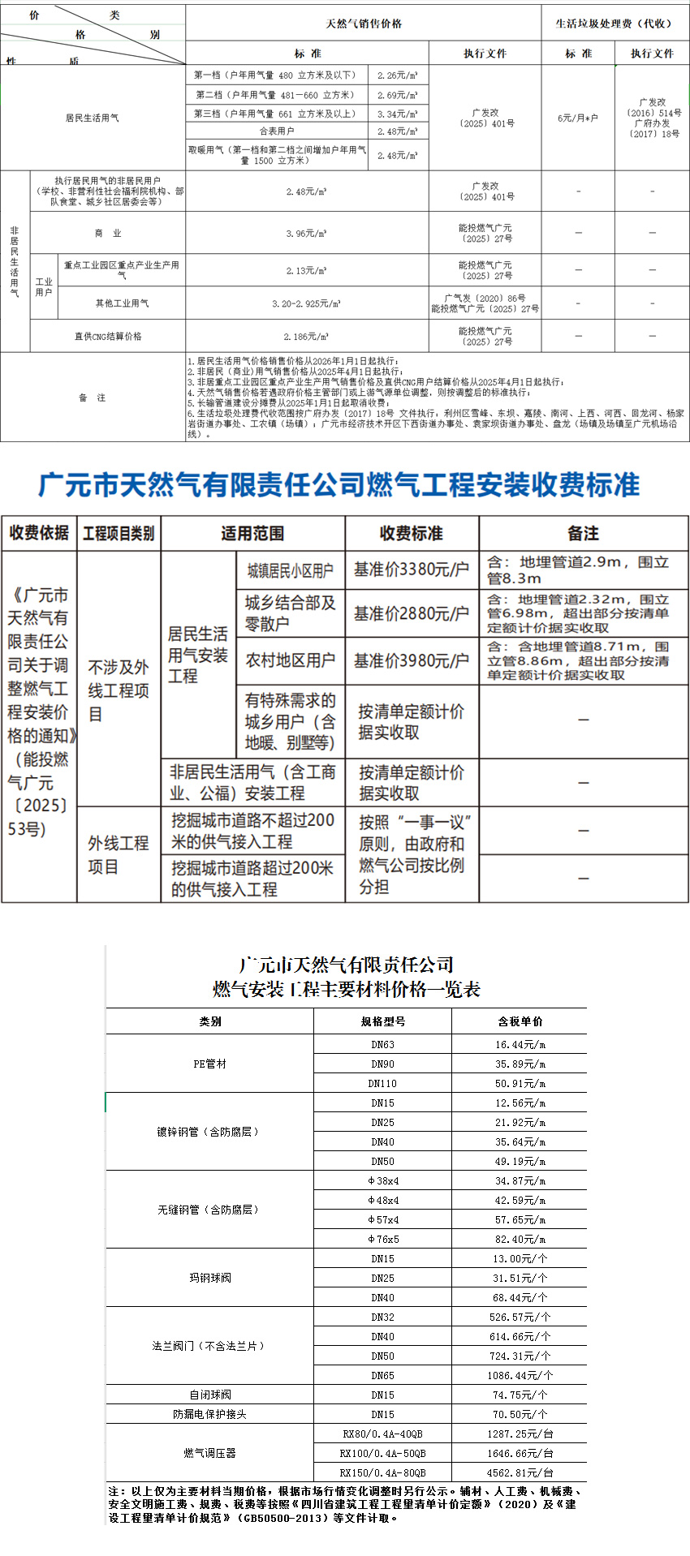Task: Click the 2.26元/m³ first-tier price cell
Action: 398,75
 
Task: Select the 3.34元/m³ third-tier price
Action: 398,114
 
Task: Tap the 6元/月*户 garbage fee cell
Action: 577,118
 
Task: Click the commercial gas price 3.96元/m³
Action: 306,233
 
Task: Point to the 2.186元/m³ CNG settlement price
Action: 306,336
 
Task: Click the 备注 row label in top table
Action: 93,398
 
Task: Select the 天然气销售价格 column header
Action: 364,24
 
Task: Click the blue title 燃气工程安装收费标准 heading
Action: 339,484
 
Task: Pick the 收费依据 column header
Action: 39,533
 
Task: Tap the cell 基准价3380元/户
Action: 412,570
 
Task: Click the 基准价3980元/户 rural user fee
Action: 412,660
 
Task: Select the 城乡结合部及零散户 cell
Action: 291,613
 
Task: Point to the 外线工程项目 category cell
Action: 119,854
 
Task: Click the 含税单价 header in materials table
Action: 520,1021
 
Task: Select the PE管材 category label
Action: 209,1064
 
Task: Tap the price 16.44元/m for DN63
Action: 520,1044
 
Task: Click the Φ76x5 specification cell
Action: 382,1239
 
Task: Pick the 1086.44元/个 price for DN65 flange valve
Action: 520,1375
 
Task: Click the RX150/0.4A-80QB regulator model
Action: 382,1472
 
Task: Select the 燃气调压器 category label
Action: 209,1453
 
